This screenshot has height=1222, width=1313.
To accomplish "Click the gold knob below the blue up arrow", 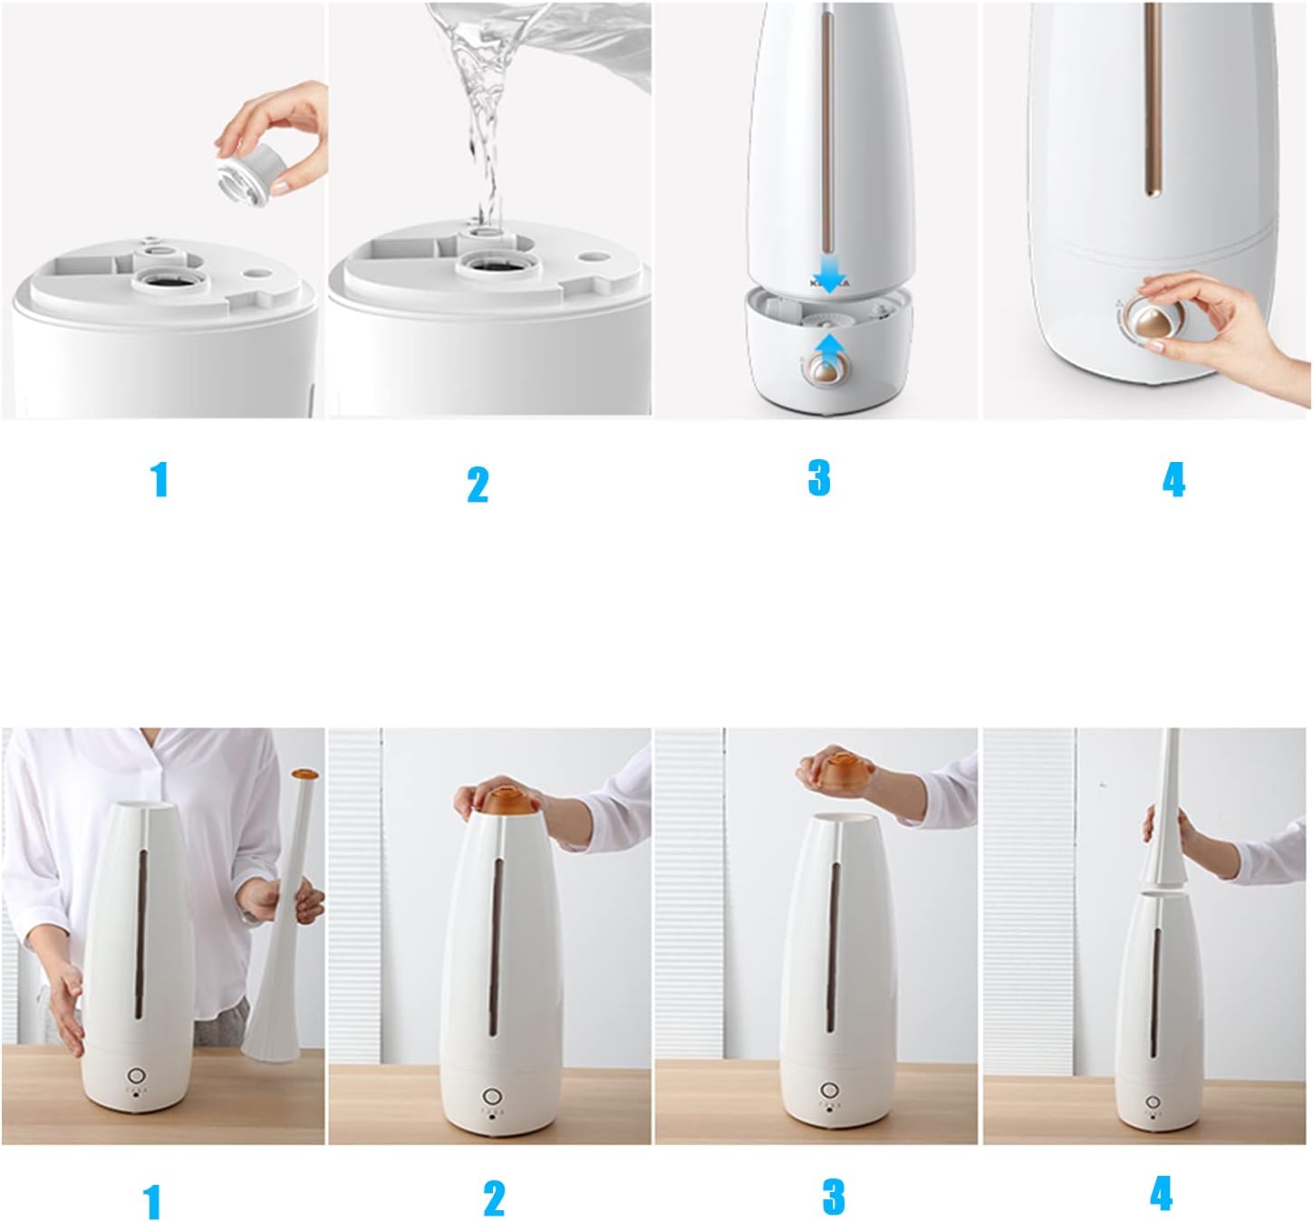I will [x=825, y=370].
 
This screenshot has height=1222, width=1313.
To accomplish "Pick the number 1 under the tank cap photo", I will [x=159, y=479].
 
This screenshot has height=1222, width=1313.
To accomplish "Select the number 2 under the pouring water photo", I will [x=478, y=485].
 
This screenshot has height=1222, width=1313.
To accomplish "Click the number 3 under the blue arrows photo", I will [x=818, y=477].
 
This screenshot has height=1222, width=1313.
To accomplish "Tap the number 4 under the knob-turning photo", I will [x=1173, y=480].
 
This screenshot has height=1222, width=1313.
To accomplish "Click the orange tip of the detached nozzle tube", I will [x=304, y=775].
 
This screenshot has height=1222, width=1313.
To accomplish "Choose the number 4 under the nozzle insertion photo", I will [x=1161, y=1192].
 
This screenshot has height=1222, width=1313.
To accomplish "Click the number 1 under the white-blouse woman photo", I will [x=152, y=1201].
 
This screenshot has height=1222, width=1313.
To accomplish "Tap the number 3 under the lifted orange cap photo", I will [x=834, y=1197].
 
